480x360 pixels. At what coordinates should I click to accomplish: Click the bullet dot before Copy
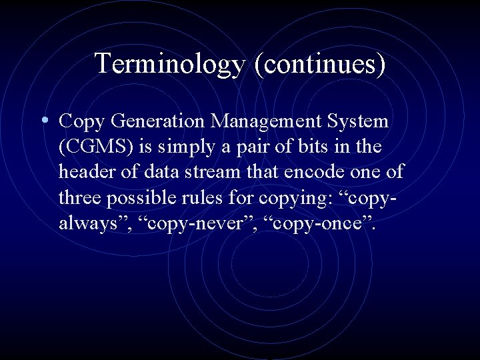coord(43,121)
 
